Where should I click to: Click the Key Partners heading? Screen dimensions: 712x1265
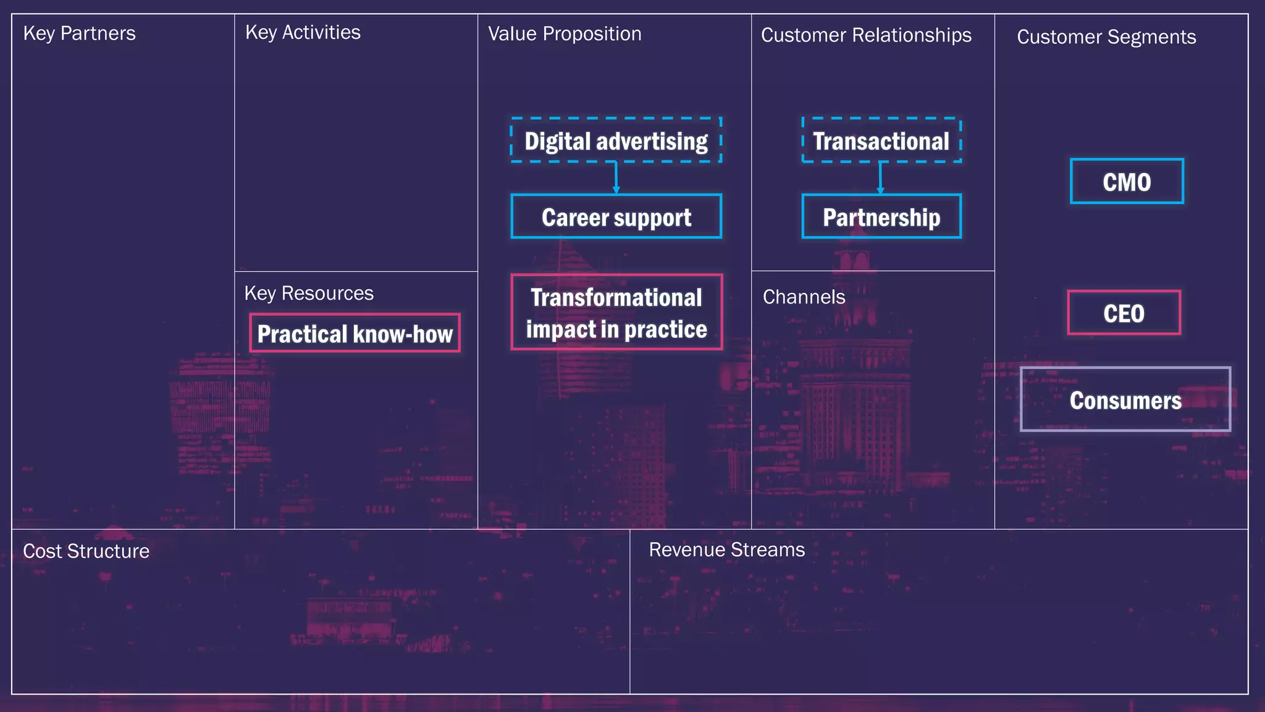click(79, 33)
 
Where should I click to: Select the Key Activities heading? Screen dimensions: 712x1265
click(303, 32)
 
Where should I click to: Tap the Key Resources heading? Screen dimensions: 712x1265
click(309, 293)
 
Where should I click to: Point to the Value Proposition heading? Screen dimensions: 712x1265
click(565, 34)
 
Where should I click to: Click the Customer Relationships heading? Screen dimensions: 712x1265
click(866, 35)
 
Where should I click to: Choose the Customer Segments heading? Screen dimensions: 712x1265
click(1106, 37)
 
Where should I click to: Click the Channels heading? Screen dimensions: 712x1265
click(804, 297)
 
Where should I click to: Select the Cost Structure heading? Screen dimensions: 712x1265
click(86, 551)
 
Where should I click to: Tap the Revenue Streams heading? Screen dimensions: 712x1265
click(726, 550)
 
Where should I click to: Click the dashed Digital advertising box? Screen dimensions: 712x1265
click(616, 140)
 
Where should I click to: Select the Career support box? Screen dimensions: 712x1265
click(616, 217)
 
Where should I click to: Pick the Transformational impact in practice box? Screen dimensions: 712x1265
click(616, 313)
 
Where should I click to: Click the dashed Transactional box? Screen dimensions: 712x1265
click(881, 140)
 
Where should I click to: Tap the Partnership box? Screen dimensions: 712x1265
click(881, 217)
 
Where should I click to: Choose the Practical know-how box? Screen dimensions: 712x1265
click(355, 334)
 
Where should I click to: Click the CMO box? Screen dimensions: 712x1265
click(1127, 182)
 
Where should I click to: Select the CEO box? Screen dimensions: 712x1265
click(1124, 313)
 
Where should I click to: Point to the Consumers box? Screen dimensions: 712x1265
click(1125, 400)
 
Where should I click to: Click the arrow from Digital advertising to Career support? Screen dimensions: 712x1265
click(616, 178)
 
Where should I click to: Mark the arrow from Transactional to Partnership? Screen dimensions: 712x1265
click(880, 178)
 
